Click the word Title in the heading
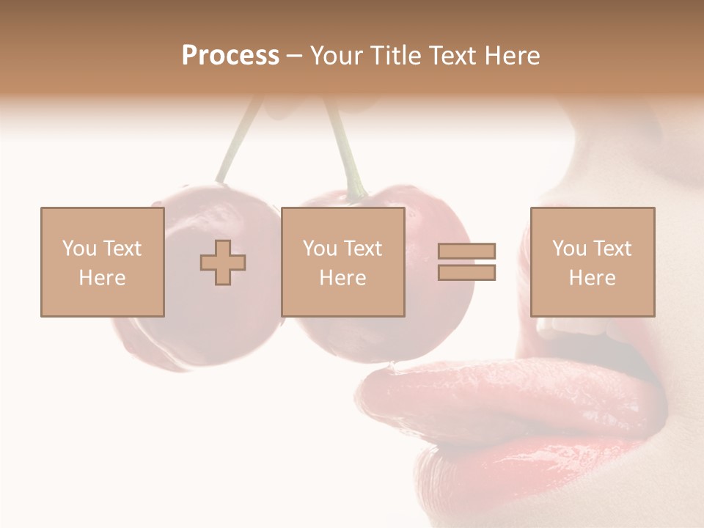point(397,56)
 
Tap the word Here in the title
point(512,56)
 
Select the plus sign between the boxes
point(223,263)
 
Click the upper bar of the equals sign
point(466,251)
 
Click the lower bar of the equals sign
point(466,273)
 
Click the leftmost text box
point(102,262)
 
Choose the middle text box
point(342,262)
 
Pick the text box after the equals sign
point(592,262)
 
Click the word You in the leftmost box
point(79,249)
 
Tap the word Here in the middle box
point(342,278)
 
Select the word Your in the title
point(337,56)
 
